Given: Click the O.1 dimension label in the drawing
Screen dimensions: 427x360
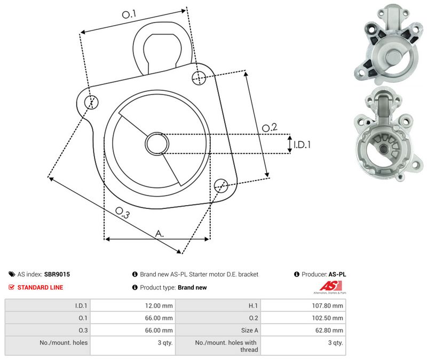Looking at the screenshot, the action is [x=129, y=14].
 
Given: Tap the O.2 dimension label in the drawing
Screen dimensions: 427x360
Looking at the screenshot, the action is [x=270, y=127].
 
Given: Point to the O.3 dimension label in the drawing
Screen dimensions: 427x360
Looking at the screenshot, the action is [x=122, y=213].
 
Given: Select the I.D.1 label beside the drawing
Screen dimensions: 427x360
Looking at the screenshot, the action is [x=302, y=144].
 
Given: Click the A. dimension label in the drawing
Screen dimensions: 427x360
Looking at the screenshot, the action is [x=160, y=233].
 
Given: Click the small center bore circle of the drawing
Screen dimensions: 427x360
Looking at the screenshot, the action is [x=157, y=144].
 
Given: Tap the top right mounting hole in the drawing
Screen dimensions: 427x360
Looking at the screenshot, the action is [x=199, y=77].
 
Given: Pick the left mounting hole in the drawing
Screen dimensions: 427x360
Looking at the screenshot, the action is [x=91, y=102].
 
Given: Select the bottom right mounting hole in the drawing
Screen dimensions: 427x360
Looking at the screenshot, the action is [x=221, y=185].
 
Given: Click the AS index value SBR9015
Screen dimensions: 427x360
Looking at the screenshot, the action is [x=57, y=275].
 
